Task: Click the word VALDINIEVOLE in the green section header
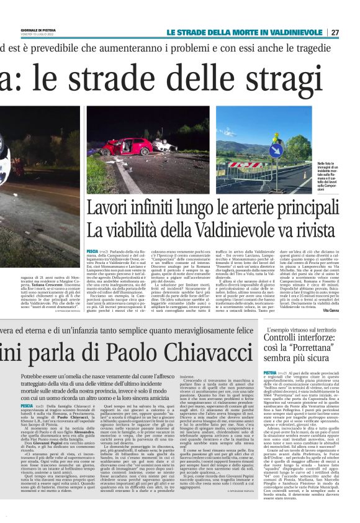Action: [294, 32]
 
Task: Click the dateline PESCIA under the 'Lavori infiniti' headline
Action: [93, 246]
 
